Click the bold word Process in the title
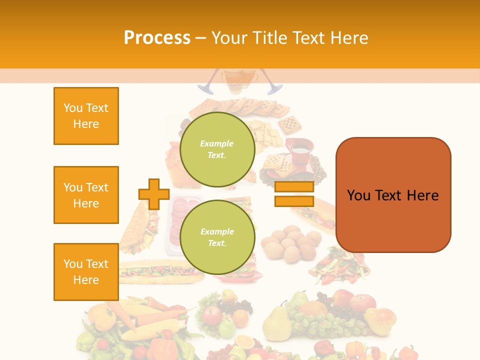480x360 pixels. click(157, 37)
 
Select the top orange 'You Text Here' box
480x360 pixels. click(86, 116)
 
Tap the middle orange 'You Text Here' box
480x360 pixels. click(86, 195)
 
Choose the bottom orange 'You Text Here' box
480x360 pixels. click(86, 272)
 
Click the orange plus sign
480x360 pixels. click(153, 194)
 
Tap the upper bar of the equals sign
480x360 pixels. click(293, 187)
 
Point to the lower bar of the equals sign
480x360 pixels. click(293, 201)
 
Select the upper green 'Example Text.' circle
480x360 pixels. click(217, 149)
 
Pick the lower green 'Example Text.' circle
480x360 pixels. click(217, 237)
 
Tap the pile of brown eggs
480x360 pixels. click(290, 242)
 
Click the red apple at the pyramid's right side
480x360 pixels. click(362, 302)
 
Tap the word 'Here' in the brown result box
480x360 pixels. click(422, 195)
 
